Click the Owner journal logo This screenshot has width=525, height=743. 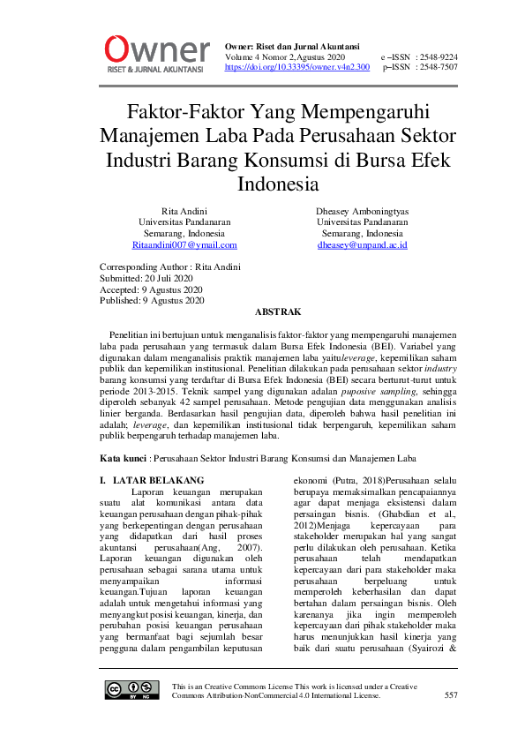(157, 52)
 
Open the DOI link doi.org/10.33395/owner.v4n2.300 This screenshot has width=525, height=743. (296, 67)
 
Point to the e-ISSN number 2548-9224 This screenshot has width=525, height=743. (438, 56)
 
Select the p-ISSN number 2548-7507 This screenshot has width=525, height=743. (438, 67)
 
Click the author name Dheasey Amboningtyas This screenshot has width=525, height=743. (362, 212)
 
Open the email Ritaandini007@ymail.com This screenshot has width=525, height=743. (185, 245)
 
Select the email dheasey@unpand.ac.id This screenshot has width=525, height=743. (362, 245)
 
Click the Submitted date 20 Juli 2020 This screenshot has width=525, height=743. (146, 278)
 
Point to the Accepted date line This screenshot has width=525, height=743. (151, 289)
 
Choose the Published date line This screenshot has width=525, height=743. (152, 301)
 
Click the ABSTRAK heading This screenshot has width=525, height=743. (278, 312)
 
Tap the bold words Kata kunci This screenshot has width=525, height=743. (122, 458)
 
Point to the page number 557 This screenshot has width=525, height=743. (451, 695)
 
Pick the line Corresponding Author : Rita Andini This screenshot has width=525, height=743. (169, 266)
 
